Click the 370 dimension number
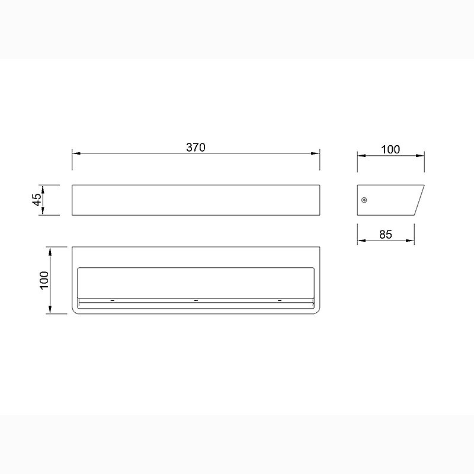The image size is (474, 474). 196,147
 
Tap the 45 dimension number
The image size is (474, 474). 37,200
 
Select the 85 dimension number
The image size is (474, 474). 386,234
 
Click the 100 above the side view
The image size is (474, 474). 390,149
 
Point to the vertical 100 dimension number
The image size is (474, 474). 44,280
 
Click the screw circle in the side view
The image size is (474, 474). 364,200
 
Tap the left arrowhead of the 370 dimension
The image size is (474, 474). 76,153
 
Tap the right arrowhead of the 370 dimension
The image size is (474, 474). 316,153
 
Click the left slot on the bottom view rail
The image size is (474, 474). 113,300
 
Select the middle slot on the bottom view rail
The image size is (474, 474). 196,300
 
